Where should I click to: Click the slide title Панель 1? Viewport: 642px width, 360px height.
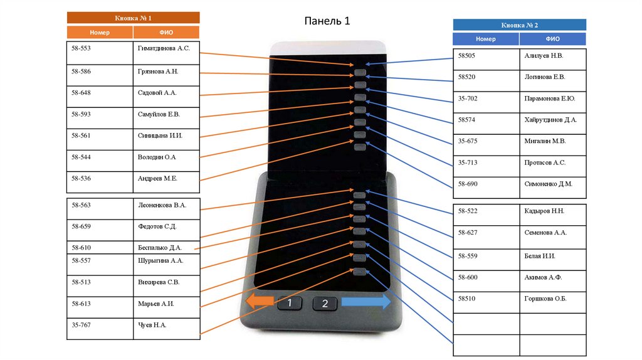point(327,21)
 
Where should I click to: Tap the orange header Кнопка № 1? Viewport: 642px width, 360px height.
point(133,18)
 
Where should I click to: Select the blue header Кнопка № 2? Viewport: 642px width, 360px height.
point(519,25)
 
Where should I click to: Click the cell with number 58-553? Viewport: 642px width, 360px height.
point(82,48)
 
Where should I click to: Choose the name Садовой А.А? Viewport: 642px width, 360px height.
point(157,92)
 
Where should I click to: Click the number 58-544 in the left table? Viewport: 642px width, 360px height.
point(82,157)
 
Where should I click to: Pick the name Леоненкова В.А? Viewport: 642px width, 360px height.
point(162,204)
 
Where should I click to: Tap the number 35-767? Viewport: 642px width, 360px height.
point(82,325)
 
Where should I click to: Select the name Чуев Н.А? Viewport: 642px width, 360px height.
point(152,325)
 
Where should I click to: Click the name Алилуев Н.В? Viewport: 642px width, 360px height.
point(544,56)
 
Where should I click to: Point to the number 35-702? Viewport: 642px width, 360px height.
point(468,98)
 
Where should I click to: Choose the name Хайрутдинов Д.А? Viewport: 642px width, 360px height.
point(550,119)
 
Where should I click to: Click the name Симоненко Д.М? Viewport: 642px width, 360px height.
point(547,184)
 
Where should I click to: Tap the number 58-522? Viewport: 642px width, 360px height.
point(468,211)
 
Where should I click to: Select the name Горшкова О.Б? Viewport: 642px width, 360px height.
point(545,299)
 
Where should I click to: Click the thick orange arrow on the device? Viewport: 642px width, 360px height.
point(258,302)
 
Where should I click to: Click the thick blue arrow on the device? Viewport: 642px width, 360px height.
point(366,302)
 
